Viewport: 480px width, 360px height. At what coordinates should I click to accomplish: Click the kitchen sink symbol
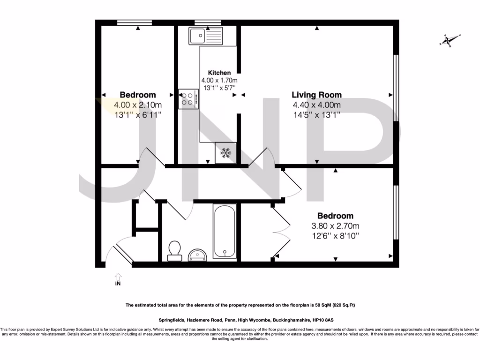tap(206, 36)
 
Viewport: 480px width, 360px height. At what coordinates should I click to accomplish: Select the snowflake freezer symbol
tap(226, 153)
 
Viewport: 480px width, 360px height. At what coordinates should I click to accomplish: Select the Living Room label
tap(316, 95)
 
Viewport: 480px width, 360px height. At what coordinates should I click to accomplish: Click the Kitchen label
tap(219, 73)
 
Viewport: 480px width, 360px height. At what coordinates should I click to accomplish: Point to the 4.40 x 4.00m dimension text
tap(316, 105)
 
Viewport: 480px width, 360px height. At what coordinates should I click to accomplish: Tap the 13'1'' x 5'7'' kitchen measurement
tap(219, 87)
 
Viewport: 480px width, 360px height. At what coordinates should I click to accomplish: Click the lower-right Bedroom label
tap(335, 216)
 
